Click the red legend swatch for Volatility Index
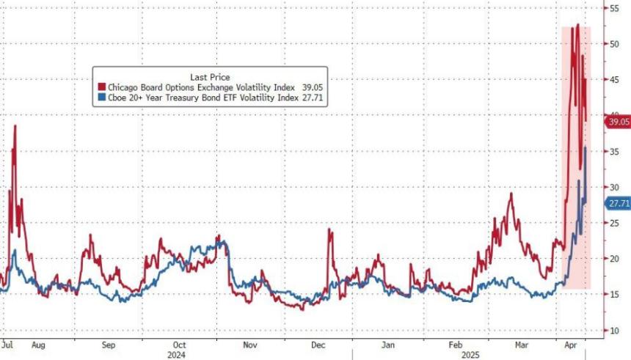98,87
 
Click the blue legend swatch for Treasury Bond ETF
98,97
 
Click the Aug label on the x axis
39,343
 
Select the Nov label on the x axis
250,343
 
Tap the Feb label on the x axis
455,343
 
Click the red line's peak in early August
15,126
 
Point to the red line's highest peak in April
578,25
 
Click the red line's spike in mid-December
329,230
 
